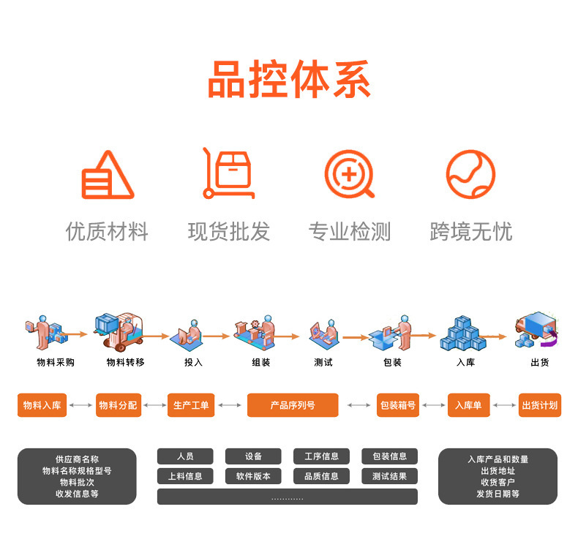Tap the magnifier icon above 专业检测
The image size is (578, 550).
click(x=349, y=175)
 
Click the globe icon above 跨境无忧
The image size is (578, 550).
click(x=470, y=175)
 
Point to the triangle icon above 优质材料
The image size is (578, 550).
click(x=107, y=176)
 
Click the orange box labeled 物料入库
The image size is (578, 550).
click(x=42, y=405)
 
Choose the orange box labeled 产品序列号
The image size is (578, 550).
click(x=293, y=405)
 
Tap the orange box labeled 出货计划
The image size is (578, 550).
click(x=540, y=405)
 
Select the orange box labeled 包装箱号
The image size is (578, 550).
click(x=398, y=405)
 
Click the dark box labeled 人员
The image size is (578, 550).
click(x=185, y=456)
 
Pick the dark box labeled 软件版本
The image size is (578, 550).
click(x=253, y=476)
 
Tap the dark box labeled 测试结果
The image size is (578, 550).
click(x=389, y=476)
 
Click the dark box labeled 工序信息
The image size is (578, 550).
click(x=321, y=456)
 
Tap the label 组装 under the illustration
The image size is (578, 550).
click(x=261, y=363)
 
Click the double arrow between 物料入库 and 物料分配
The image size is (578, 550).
click(x=81, y=405)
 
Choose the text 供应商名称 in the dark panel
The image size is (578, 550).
click(x=77, y=459)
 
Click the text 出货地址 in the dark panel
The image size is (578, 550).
click(x=498, y=471)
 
